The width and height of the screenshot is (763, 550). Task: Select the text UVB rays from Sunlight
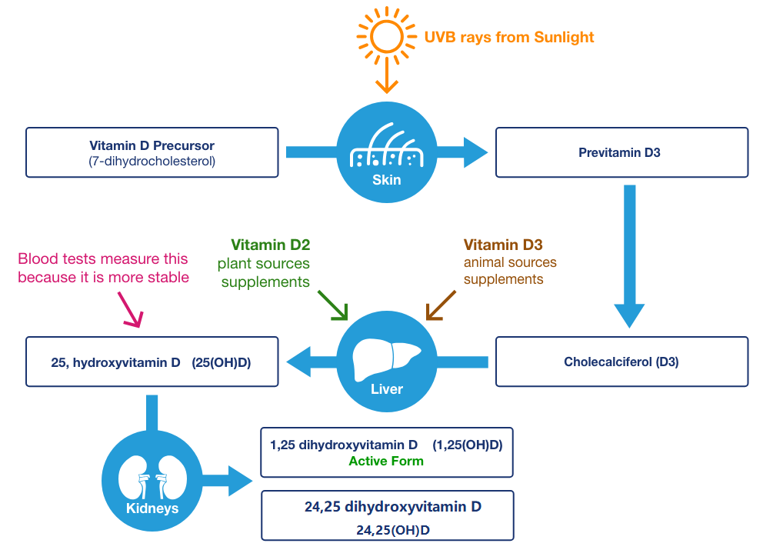[x=509, y=36]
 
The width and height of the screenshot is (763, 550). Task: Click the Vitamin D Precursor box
[x=152, y=152]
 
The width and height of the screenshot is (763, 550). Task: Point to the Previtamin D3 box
[x=621, y=152]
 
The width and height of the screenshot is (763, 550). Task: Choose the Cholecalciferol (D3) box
[x=621, y=361]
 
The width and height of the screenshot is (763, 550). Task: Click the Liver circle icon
[x=386, y=361]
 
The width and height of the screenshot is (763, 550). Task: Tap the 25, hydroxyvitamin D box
[x=152, y=361]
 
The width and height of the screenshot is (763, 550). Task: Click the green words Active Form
[x=386, y=462]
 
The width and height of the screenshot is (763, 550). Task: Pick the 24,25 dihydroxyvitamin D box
[x=387, y=515]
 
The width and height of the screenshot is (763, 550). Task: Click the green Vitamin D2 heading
[x=271, y=245]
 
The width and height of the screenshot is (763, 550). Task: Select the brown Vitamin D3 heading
[x=503, y=245]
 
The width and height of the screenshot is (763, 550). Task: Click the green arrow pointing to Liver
[x=332, y=305]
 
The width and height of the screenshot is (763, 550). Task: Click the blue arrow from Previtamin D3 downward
[x=629, y=254]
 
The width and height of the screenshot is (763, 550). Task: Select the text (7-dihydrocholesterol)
[x=152, y=161]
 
